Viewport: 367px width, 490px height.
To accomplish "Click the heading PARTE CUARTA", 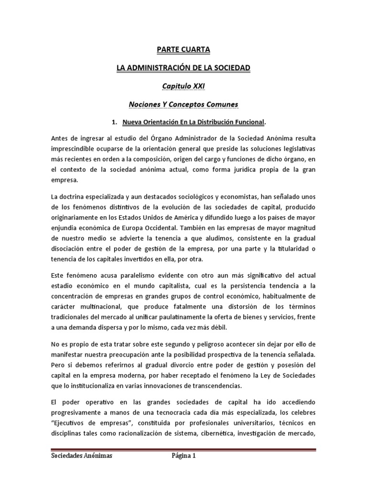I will point(183,49).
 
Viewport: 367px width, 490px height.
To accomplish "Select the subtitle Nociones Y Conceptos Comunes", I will point(183,104).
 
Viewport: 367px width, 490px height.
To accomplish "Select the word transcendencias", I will point(213,386).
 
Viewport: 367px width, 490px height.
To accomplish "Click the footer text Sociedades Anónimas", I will point(82,457).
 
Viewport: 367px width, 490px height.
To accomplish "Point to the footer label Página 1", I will point(184,457).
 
